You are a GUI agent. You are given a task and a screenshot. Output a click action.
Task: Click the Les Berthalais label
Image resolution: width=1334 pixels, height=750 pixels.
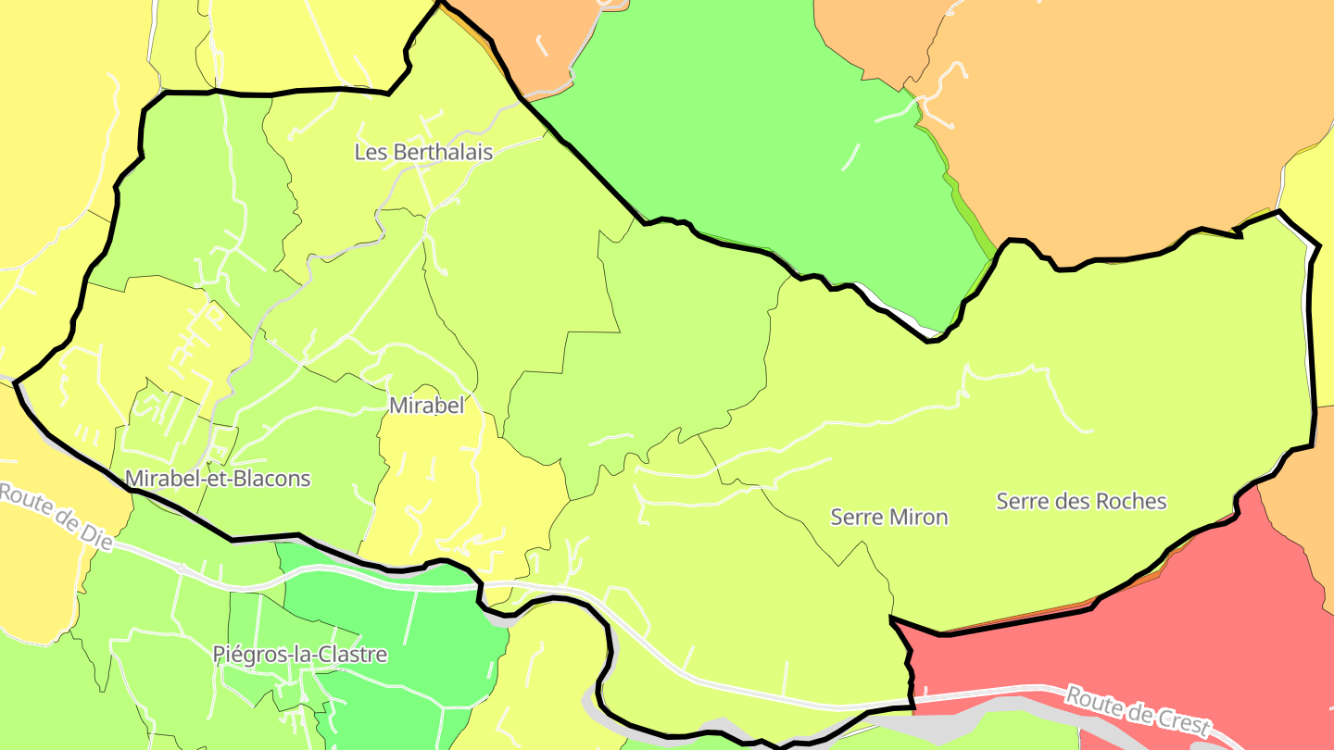423,152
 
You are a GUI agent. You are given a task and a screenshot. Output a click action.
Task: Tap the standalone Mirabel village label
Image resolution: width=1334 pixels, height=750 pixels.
426,406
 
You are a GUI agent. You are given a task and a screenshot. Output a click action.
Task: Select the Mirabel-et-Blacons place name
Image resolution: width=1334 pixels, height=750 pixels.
218,479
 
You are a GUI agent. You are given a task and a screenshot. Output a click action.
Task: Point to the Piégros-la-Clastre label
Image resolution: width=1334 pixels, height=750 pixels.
300,655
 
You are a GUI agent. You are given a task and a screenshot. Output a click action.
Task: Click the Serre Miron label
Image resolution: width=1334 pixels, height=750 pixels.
889,517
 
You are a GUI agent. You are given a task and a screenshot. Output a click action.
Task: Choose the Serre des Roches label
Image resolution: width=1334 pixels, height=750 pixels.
1081,501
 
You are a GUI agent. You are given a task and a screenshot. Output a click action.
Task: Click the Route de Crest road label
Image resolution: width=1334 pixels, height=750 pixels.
1138,709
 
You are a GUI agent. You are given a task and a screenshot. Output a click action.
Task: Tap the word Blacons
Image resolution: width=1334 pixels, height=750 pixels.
271,479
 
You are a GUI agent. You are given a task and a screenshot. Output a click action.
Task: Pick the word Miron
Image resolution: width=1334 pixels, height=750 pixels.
919,517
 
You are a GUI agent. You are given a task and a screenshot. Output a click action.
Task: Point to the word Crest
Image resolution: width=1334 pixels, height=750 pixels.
1178,721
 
